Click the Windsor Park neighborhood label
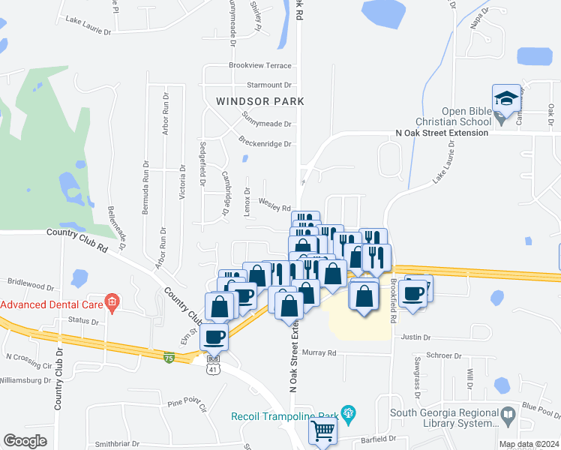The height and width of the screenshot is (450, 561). [259, 100]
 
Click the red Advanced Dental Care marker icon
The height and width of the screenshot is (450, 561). [112, 303]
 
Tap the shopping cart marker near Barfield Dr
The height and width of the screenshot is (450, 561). [322, 430]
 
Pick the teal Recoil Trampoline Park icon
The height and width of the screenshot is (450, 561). [346, 412]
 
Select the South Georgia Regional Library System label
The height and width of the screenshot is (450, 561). [444, 418]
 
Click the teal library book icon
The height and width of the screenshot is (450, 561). [508, 414]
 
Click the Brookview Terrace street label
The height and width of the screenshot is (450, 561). [259, 66]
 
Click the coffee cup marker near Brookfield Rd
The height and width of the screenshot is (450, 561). [413, 292]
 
